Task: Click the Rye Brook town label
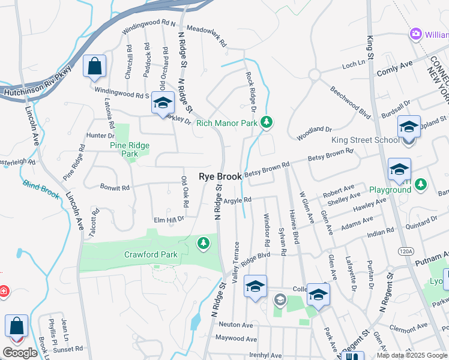tap(220, 177)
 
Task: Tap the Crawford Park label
tap(151, 254)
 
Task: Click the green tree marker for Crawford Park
tap(204, 243)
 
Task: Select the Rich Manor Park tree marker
tap(267, 123)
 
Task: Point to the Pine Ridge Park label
tap(129, 149)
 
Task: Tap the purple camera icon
tap(415, 34)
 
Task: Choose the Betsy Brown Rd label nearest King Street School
tap(330, 155)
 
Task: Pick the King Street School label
tap(366, 140)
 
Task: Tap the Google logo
tap(20, 353)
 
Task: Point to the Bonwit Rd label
tap(115, 188)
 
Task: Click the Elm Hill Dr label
tap(168, 220)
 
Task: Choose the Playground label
tap(390, 190)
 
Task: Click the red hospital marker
tap(2, 291)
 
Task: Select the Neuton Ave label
tap(236, 325)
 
